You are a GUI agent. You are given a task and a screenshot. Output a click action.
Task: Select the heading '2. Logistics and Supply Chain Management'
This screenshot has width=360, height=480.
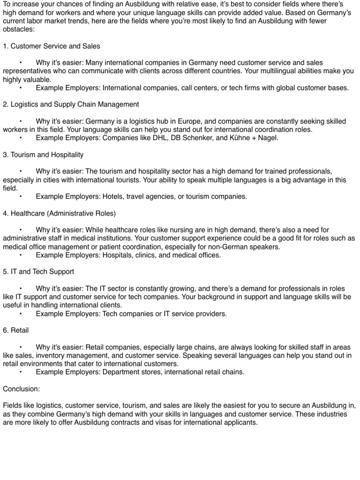click(x=71, y=104)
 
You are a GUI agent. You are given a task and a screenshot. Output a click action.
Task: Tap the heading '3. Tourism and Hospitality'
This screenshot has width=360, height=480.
click(x=44, y=155)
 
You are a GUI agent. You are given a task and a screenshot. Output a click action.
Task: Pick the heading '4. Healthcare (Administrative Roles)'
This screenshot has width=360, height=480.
click(x=59, y=213)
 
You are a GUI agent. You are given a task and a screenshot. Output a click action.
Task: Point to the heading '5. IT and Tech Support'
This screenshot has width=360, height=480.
click(x=38, y=272)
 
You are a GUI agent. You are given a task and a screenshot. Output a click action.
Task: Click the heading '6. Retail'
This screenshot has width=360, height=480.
click(x=16, y=330)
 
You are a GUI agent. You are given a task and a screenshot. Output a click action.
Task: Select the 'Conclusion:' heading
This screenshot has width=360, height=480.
click(x=22, y=389)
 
